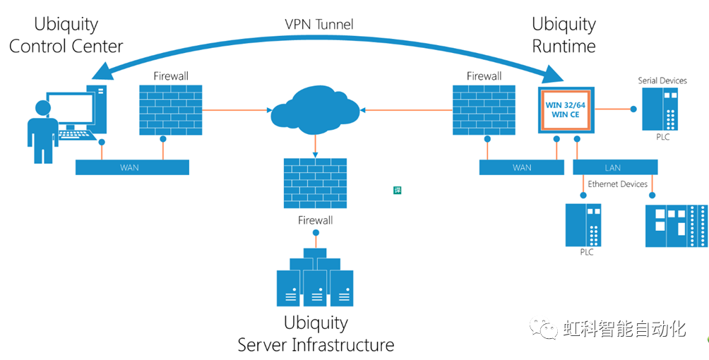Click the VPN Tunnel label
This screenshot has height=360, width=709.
coord(318,25)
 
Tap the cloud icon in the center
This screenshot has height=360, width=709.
coord(315,109)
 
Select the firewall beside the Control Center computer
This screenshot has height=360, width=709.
coord(171,111)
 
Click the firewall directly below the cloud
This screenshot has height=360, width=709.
coord(315,182)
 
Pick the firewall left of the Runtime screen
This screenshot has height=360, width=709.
coord(484,111)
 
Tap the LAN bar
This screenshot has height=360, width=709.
coord(615,167)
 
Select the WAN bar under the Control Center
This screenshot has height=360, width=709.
coord(133,167)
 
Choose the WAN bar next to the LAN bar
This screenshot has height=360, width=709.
coord(522,167)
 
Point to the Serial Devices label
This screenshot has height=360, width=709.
coord(662,80)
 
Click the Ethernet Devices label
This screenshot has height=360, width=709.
coord(617,184)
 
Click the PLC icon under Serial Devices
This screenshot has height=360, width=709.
coord(661,109)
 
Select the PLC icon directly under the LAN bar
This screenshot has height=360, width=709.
coord(583,224)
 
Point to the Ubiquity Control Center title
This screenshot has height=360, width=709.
coord(66,35)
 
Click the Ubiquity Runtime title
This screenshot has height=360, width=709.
coord(564,35)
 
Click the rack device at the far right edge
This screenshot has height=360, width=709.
coord(676,225)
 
